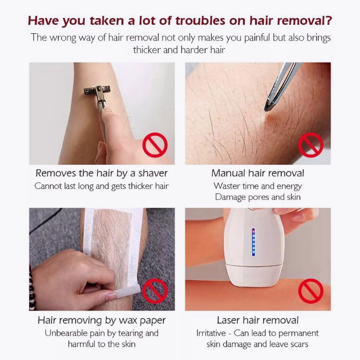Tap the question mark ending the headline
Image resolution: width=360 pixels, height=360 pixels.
click(328, 20)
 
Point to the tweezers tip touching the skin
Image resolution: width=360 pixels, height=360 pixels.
click(267, 110)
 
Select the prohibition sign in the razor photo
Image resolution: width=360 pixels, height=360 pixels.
click(155, 145)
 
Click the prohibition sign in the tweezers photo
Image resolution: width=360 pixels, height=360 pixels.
click(310, 145)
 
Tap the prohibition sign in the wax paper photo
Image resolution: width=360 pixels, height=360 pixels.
click(155, 291)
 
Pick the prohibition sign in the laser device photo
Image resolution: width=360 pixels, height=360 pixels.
click(310, 291)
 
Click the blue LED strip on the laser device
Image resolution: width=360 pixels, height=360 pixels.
click(253, 242)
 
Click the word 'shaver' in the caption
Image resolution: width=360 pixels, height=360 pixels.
click(153, 173)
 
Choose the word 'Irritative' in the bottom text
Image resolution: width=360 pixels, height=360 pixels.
click(211, 333)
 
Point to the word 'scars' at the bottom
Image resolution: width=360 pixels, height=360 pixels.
click(298, 344)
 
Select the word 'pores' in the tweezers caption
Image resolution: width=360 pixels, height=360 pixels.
click(259, 197)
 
